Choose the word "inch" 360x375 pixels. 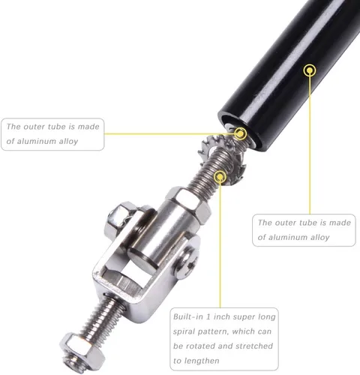220,316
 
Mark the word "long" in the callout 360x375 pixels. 267,317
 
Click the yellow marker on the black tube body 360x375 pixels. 310,70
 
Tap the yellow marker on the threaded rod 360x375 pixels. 220,177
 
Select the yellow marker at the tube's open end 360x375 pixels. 240,133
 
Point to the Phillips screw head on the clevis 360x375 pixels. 187,263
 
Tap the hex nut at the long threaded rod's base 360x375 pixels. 189,205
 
